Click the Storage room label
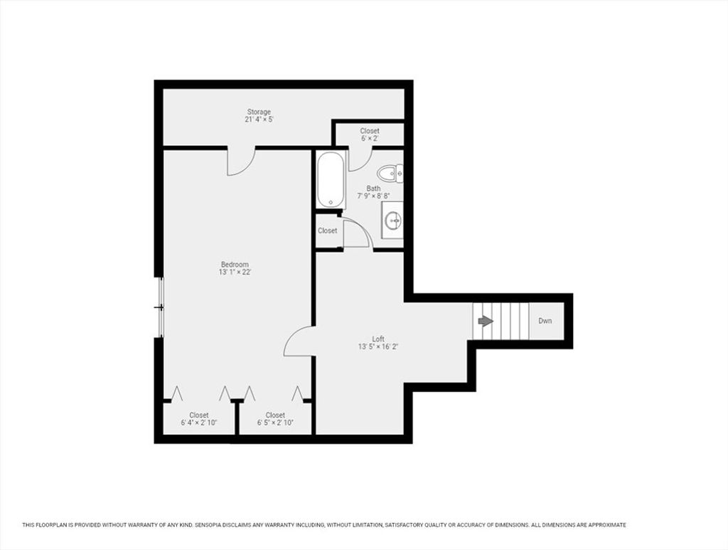coord(259,112)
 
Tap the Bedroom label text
coord(235,264)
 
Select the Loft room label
coord(378,339)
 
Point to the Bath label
coord(373,188)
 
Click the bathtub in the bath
coord(331,179)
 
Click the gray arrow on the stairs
coord(485,321)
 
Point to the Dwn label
coord(545,321)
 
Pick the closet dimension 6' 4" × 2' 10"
coord(199,423)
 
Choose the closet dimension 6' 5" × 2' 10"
coord(275,423)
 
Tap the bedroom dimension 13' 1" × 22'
coord(235,273)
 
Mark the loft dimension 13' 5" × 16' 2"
coord(378,347)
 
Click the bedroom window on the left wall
coord(161,307)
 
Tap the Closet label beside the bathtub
coord(327,231)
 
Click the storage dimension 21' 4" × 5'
coord(259,120)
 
